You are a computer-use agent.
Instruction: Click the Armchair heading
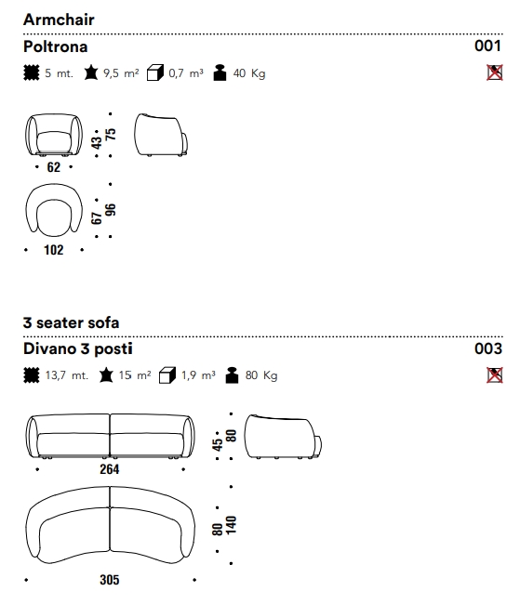pyautogui.click(x=59, y=20)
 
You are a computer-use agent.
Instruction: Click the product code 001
pyautogui.click(x=487, y=46)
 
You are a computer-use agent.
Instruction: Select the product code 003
pyautogui.click(x=488, y=348)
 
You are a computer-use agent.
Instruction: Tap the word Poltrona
pyautogui.click(x=56, y=46)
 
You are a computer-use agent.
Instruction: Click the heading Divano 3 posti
pyautogui.click(x=78, y=348)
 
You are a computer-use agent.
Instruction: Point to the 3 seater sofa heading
pyautogui.click(x=71, y=322)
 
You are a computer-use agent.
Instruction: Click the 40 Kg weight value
pyautogui.click(x=249, y=73)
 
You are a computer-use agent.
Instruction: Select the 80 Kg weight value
pyautogui.click(x=261, y=375)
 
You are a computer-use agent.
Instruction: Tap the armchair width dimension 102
pyautogui.click(x=54, y=250)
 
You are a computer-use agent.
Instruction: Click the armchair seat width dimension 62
pyautogui.click(x=54, y=167)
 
